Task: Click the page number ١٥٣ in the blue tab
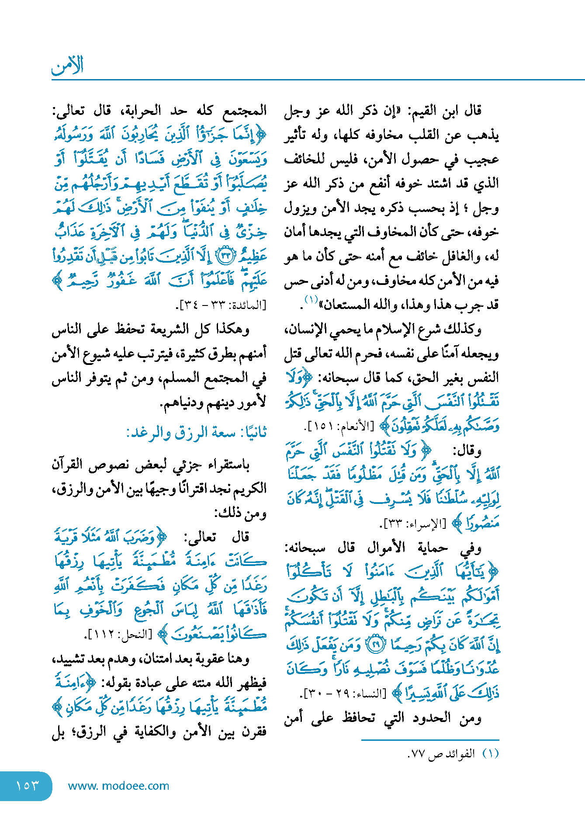(27, 785)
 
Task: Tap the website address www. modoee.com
(118, 786)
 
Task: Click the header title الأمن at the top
(67, 66)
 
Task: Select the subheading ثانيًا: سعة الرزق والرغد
(196, 433)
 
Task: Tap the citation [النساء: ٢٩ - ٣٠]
(343, 693)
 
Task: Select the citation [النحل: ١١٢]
(120, 635)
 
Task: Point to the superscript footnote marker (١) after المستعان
(311, 300)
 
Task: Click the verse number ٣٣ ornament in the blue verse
(227, 256)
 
